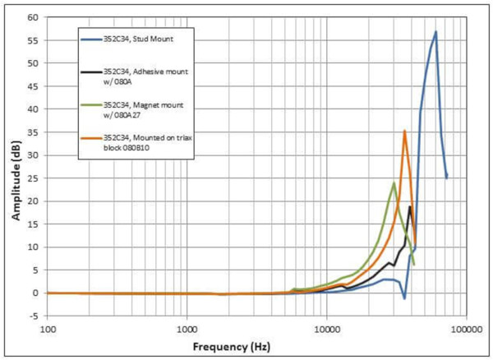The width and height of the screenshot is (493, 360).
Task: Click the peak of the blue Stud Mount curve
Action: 435,32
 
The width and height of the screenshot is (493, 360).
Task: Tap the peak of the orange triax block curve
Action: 404,131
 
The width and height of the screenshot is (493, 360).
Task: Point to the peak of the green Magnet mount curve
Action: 394,182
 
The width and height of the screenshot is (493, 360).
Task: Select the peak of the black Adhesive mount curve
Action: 410,206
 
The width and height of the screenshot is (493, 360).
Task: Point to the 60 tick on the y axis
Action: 34,17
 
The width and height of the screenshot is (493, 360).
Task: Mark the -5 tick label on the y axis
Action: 34,316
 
